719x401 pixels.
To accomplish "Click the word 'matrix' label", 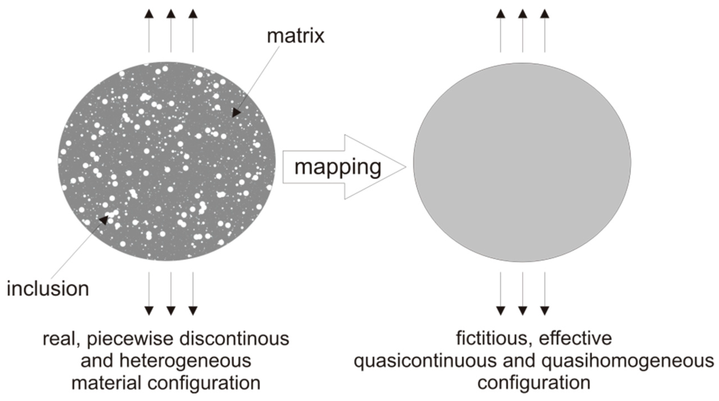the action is coord(296,36).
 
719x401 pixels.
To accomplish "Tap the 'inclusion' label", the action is coord(48,289).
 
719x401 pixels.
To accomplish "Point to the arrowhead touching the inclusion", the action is coord(104,219).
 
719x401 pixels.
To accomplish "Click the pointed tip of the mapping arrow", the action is coord(405,167).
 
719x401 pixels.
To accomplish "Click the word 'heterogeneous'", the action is coord(185,361).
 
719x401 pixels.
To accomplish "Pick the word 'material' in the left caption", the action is coord(106,383).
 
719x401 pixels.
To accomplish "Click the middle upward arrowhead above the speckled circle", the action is coord(171,14).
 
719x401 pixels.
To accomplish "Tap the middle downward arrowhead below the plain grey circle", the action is coord(522,311).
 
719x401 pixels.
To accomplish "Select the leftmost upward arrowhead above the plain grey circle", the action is coord(501,14).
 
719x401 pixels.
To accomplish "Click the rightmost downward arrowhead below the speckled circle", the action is coord(193,311).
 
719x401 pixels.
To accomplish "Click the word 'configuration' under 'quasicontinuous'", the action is coord(534,383).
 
